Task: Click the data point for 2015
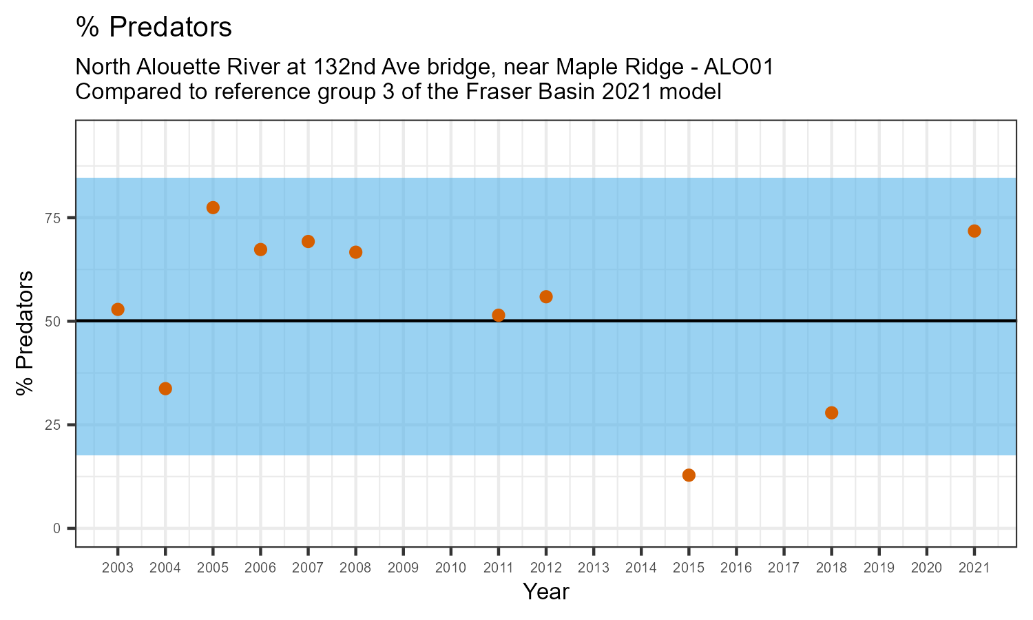tap(689, 475)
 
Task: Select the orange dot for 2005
tap(213, 208)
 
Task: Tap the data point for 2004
tap(165, 389)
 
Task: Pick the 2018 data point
tap(831, 413)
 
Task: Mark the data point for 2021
tap(974, 231)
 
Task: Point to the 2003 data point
tap(118, 309)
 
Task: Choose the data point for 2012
tap(546, 297)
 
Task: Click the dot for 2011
tap(499, 316)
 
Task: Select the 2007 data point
tap(308, 241)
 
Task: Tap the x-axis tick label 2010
tap(450, 568)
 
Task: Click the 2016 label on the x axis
tap(736, 568)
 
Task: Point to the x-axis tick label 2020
tap(926, 568)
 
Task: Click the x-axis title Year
tap(546, 592)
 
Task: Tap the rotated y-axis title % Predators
tap(25, 333)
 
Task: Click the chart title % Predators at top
tap(154, 28)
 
